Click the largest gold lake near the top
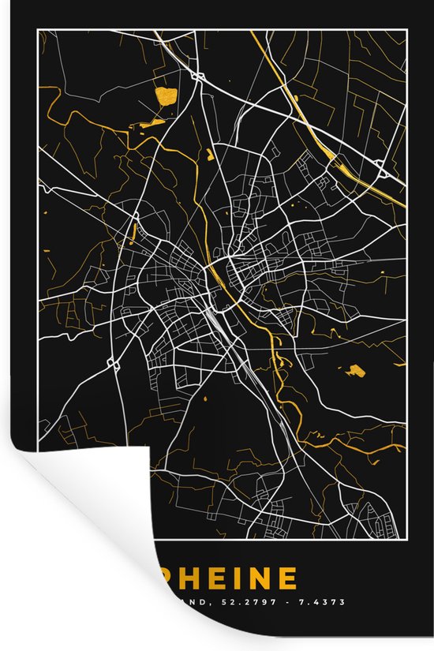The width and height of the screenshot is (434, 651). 166,97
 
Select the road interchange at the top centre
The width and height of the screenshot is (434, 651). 195,76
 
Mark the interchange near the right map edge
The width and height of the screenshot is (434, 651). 380,166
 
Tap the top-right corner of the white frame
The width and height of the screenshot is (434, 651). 406,31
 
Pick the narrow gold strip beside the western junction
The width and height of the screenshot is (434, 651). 134,232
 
